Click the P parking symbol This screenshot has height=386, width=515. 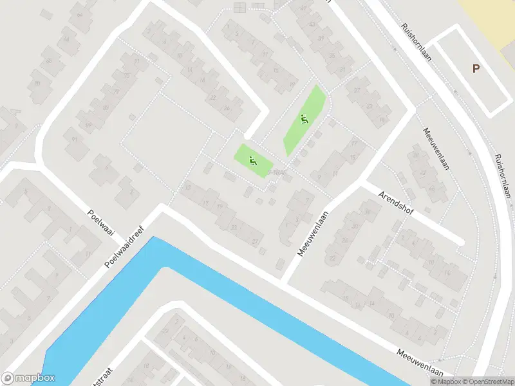point(476,69)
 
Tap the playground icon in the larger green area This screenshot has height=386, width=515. point(304,119)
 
